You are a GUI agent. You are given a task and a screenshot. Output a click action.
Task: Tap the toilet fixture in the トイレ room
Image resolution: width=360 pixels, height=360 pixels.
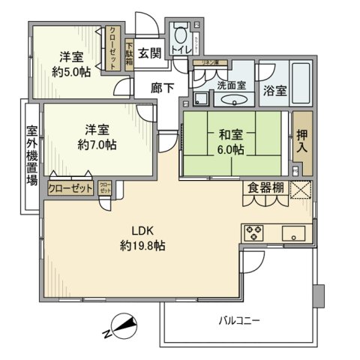pos(180,37)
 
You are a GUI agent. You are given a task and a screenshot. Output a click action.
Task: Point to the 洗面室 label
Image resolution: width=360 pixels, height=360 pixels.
pos(230,85)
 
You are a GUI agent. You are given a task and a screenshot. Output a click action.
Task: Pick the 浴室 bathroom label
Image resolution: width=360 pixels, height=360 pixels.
pos(274,91)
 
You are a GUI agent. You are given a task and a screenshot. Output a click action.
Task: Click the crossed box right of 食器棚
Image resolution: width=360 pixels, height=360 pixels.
pos(300,190)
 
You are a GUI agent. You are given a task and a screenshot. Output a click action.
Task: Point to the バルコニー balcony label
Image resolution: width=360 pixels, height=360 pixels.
pos(238,320)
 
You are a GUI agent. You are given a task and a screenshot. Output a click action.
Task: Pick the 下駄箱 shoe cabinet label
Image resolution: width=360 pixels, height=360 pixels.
pos(130,55)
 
